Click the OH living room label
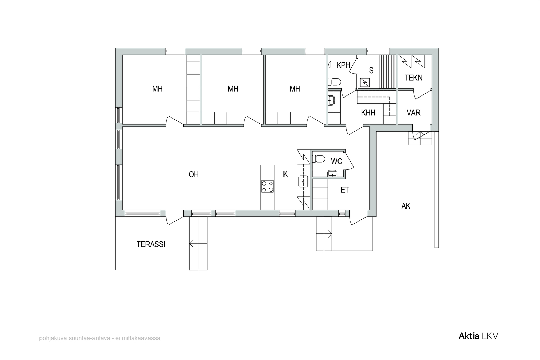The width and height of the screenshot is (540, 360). (194, 174)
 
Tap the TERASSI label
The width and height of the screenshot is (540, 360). (151, 244)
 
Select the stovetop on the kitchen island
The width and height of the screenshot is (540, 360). (267, 187)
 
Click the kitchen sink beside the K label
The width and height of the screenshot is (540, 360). (303, 182)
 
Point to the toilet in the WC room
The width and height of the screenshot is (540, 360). (318, 159)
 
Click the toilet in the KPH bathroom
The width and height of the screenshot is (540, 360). (334, 82)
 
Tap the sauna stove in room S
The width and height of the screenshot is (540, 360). (364, 83)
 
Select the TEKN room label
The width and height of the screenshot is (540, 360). (413, 78)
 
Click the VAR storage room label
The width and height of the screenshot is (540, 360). (413, 113)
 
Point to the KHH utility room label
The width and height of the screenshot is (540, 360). (368, 113)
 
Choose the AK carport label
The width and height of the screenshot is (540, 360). (406, 206)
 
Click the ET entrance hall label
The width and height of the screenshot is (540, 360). (345, 190)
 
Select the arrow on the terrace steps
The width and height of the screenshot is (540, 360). (198, 243)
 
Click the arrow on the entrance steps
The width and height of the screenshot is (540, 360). (324, 233)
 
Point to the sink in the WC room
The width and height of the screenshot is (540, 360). (332, 173)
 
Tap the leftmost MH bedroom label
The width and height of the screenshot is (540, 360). (157, 89)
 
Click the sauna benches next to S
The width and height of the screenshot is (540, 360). (388, 72)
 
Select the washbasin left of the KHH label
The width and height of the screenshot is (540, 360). (332, 100)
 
